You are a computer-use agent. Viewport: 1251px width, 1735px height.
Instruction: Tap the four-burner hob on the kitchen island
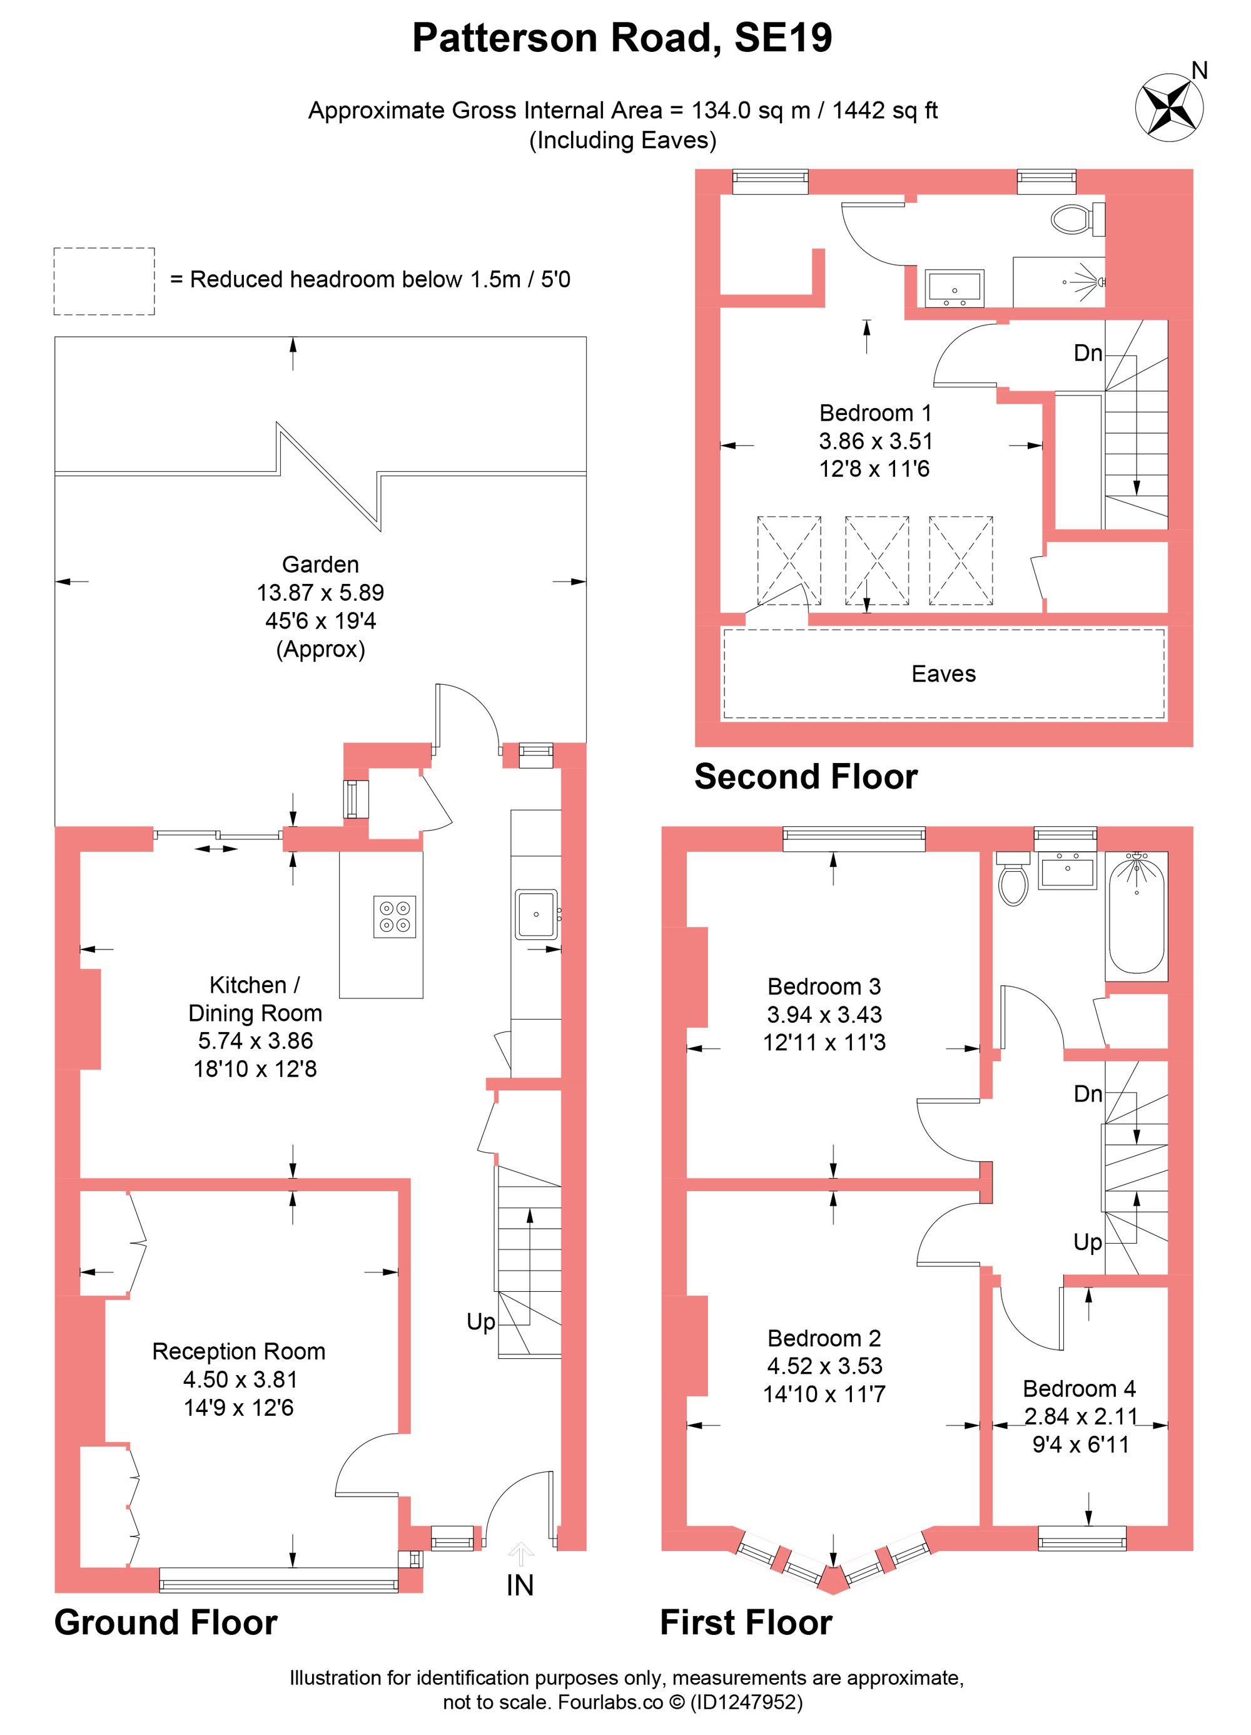(x=395, y=916)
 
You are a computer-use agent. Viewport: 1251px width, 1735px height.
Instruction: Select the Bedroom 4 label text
(x=1079, y=1388)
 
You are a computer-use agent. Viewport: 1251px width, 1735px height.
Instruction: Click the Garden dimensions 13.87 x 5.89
(x=320, y=592)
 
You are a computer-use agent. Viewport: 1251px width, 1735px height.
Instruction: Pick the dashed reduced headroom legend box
(x=104, y=281)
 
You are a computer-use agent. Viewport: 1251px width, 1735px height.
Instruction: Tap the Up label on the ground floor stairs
(x=481, y=1322)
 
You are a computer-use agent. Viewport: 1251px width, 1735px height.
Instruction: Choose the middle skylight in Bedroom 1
(x=876, y=561)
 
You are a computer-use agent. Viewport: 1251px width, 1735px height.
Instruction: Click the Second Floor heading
(x=805, y=777)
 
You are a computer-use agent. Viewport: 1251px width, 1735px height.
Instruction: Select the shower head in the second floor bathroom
(x=1098, y=282)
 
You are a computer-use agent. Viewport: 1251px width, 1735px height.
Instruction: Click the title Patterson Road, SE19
(x=622, y=38)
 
